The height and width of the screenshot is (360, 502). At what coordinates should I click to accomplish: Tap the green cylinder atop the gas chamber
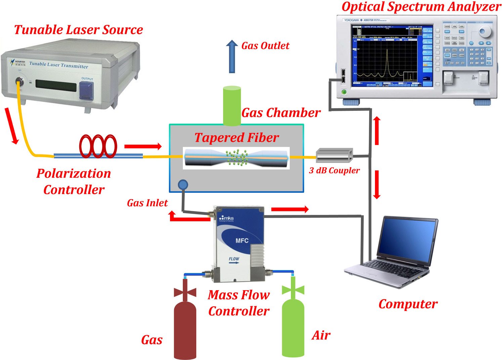232,105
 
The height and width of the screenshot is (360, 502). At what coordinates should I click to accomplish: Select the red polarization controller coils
98,146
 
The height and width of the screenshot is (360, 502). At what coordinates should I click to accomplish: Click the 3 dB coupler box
334,155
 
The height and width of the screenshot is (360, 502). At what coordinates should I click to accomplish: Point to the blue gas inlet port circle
182,185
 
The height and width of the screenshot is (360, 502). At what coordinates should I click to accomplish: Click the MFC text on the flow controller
242,240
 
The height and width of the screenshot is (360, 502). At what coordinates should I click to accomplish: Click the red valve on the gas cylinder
185,291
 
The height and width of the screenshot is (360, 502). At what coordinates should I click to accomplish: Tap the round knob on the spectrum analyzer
484,32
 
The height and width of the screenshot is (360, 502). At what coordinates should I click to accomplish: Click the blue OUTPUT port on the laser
86,91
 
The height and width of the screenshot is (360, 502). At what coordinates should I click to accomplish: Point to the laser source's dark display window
56,86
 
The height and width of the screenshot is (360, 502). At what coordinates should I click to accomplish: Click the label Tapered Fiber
237,138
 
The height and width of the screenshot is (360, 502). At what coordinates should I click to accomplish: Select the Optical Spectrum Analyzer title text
421,7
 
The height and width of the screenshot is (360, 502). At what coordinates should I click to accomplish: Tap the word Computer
408,304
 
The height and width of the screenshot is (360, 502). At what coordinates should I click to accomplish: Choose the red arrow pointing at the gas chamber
143,146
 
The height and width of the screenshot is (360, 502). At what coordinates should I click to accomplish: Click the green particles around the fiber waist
237,157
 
